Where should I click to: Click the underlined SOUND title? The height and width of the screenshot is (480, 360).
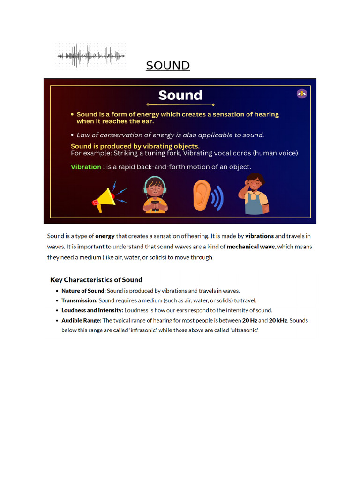(167, 66)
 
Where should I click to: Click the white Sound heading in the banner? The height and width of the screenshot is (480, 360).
(180, 96)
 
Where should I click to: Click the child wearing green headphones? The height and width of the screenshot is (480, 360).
(155, 194)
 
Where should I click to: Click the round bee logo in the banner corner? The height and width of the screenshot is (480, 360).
(302, 93)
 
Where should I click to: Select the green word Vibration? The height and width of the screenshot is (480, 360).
(86, 167)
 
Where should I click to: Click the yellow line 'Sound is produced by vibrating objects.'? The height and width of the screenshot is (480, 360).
(135, 146)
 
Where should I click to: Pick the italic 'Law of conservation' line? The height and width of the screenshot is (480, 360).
(170, 135)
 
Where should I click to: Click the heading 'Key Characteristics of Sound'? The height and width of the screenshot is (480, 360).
(96, 280)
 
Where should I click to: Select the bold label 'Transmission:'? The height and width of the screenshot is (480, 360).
(79, 300)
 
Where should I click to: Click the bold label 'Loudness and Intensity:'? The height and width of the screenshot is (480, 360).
(92, 310)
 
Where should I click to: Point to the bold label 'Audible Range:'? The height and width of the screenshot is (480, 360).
(81, 321)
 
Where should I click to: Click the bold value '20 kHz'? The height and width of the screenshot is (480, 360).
(278, 321)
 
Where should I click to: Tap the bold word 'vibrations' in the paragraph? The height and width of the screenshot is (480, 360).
(259, 236)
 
